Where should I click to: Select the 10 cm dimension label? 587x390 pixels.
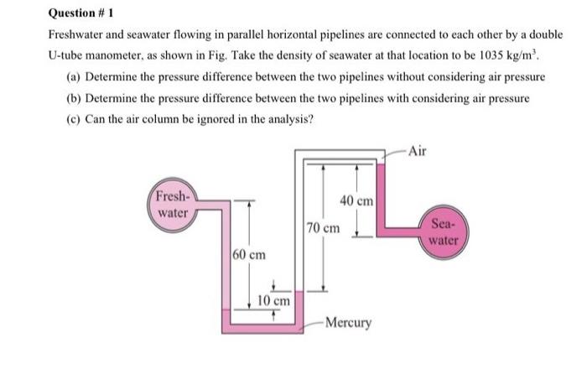pyautogui.click(x=273, y=299)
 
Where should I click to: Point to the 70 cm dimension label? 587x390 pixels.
pyautogui.click(x=324, y=227)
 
